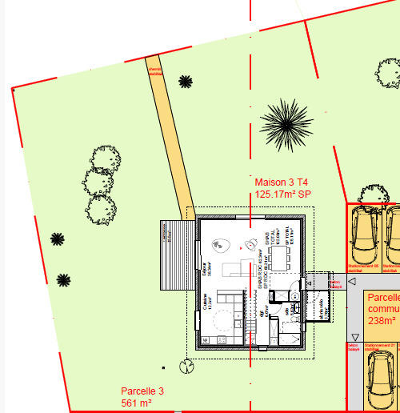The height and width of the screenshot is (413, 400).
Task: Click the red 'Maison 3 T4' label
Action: (x=281, y=182)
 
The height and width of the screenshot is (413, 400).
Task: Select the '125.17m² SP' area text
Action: (x=282, y=194)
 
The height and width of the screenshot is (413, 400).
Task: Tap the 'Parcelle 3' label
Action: (x=142, y=391)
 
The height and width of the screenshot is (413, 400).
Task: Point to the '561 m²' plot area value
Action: (x=137, y=402)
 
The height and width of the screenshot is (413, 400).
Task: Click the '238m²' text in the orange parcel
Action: (x=382, y=320)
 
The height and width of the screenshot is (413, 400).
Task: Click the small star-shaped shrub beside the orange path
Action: (x=186, y=81)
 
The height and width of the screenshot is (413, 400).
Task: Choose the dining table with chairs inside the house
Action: (x=278, y=257)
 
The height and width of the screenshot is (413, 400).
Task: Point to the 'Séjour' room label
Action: (x=206, y=269)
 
